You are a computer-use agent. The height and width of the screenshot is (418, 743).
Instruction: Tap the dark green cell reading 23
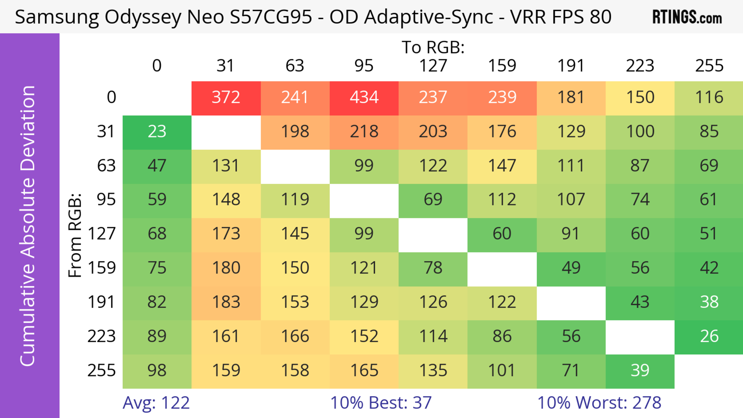coord(157,132)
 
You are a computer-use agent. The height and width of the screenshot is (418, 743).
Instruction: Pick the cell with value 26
coord(709,336)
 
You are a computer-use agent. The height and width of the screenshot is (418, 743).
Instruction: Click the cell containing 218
coord(364,132)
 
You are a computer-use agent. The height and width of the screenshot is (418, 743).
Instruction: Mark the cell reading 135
coord(433,370)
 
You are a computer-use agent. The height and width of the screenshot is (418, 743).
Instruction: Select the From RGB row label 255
coord(102,370)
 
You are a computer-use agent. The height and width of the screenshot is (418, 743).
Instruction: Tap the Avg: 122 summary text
coord(156,403)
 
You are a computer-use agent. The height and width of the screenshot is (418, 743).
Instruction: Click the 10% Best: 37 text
coord(381,403)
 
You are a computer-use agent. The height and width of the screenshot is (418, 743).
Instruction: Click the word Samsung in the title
coord(56,17)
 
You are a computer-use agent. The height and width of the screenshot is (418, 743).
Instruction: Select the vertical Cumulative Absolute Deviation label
coord(28,226)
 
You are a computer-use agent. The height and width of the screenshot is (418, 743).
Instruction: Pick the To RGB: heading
coord(433,47)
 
